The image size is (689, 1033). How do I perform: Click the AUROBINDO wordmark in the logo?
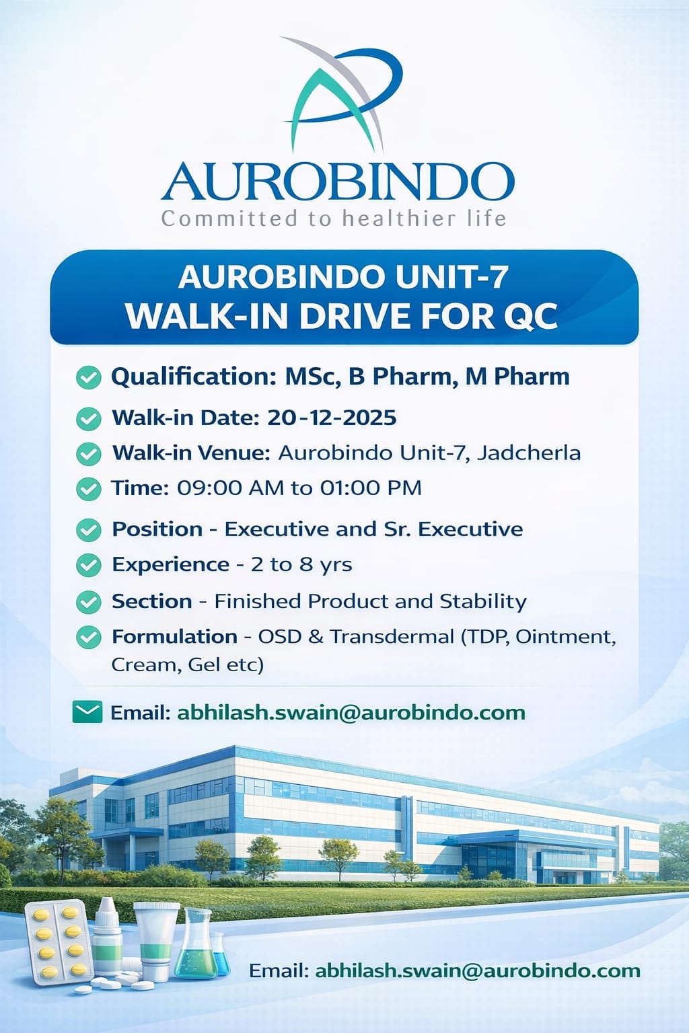338,181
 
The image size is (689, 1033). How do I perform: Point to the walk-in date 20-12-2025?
332,418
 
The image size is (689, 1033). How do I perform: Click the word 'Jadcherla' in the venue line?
528,453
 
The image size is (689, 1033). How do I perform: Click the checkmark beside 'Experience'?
89,566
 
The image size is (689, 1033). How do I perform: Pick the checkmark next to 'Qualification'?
89,378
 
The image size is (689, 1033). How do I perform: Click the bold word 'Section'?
152,601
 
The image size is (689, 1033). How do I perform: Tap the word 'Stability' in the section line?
482,602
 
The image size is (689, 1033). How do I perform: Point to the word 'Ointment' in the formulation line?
566,638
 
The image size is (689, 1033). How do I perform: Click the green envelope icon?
87,712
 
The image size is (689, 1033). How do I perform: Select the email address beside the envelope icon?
351,713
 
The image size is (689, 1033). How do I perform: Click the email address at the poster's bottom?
478,971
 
